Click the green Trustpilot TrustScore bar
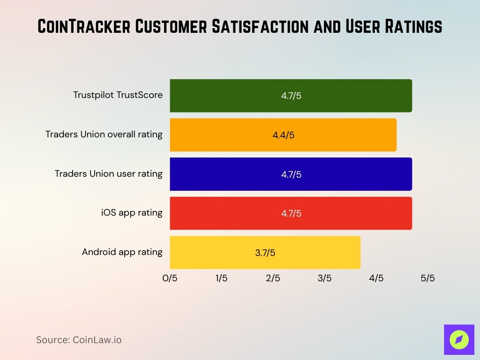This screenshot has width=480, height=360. pos(234,96)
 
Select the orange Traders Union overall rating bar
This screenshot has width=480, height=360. pos(225,135)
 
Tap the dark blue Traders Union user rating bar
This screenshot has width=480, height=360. pos(234,174)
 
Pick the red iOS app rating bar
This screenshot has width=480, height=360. pos(234,213)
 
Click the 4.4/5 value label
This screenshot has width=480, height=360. pos(283,135)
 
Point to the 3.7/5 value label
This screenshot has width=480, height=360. pos(265,253)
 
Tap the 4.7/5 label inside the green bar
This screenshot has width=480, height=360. pos(291,96)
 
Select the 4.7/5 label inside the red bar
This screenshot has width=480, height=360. pos(291,214)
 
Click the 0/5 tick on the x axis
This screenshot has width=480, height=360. pos(170,278)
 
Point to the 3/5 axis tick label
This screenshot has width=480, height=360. pos(324,278)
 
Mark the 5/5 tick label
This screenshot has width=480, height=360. pos(427,278)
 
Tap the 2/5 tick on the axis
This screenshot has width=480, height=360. pos(273,278)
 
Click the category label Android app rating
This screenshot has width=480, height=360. pos(122,252)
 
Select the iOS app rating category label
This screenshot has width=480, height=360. pos(132,213)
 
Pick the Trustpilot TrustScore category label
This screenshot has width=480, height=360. pos(118,95)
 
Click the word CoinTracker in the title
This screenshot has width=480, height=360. pos(83,27)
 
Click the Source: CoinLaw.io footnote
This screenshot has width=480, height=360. pos(79,340)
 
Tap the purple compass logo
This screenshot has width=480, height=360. pos(459,339)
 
